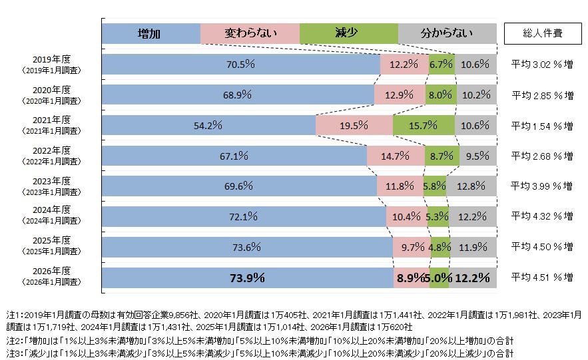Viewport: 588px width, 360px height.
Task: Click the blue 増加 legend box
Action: point(150,33)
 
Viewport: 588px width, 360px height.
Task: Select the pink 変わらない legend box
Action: point(250,33)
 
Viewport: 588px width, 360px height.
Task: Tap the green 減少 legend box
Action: point(348,33)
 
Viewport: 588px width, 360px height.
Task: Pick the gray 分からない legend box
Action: point(447,33)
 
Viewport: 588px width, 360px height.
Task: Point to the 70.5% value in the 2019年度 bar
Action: point(240,65)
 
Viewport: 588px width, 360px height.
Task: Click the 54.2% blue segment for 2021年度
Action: point(208,125)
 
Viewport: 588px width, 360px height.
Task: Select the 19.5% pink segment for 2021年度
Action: point(354,125)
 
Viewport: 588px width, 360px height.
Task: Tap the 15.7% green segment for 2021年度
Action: point(424,125)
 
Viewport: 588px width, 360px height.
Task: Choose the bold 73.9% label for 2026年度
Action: point(247,277)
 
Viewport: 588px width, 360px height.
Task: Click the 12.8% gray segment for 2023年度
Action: point(471,186)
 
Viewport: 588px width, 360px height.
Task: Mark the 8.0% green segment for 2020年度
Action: point(440,95)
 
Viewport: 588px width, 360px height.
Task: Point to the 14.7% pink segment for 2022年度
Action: point(396,156)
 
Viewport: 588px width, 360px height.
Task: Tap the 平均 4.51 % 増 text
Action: point(541,277)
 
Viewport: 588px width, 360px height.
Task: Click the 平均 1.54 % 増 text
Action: point(541,125)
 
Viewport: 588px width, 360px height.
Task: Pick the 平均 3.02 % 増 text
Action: point(541,65)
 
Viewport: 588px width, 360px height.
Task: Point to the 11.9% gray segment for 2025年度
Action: point(473,247)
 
